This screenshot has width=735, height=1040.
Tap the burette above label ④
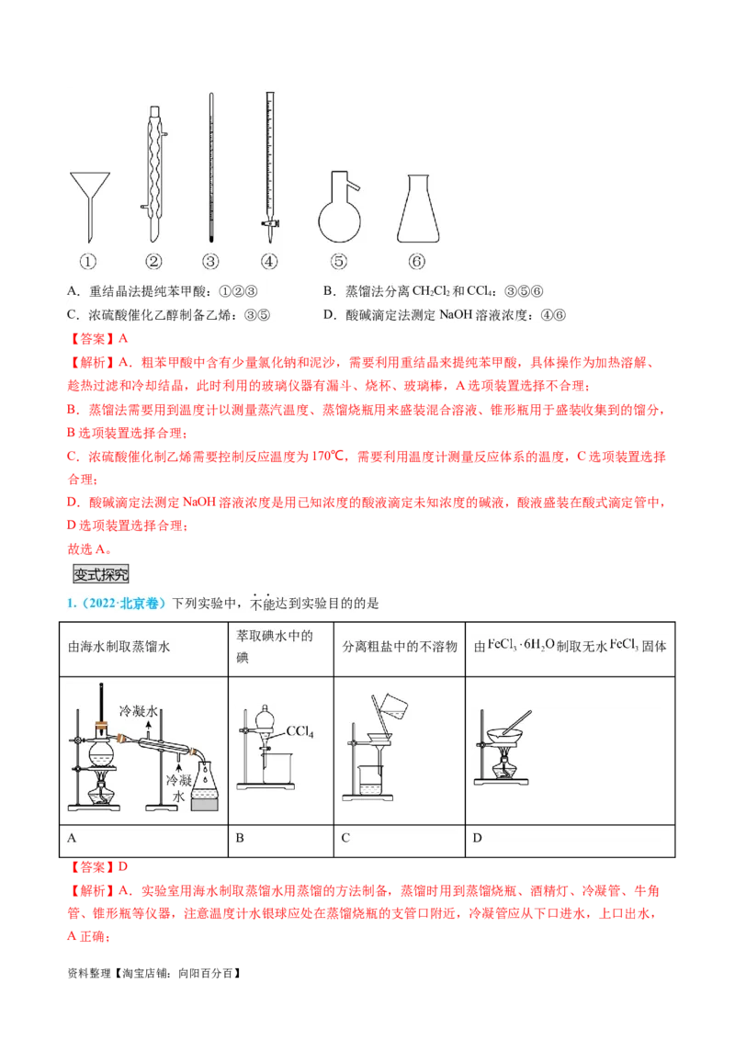pos(269,161)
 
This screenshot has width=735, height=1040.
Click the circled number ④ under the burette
pos(269,262)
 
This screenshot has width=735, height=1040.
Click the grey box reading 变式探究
pos(101,574)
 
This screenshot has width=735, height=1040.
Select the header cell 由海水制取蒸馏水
pos(119,646)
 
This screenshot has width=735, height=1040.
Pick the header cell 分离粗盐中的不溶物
pos(400,646)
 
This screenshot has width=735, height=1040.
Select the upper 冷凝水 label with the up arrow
pos(140,712)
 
